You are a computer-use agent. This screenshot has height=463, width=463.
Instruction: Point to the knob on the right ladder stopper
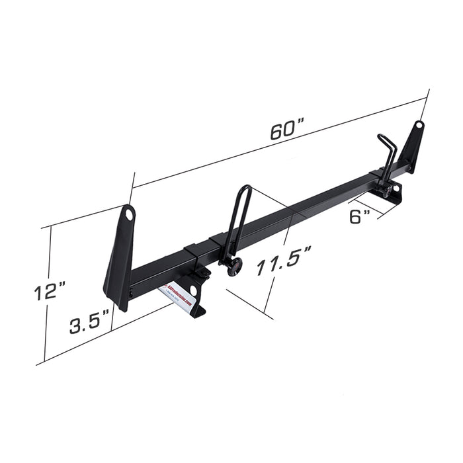[383, 191]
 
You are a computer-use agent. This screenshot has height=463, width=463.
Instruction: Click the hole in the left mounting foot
[193, 290]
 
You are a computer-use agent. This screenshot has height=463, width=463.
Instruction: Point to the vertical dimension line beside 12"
[45, 294]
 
